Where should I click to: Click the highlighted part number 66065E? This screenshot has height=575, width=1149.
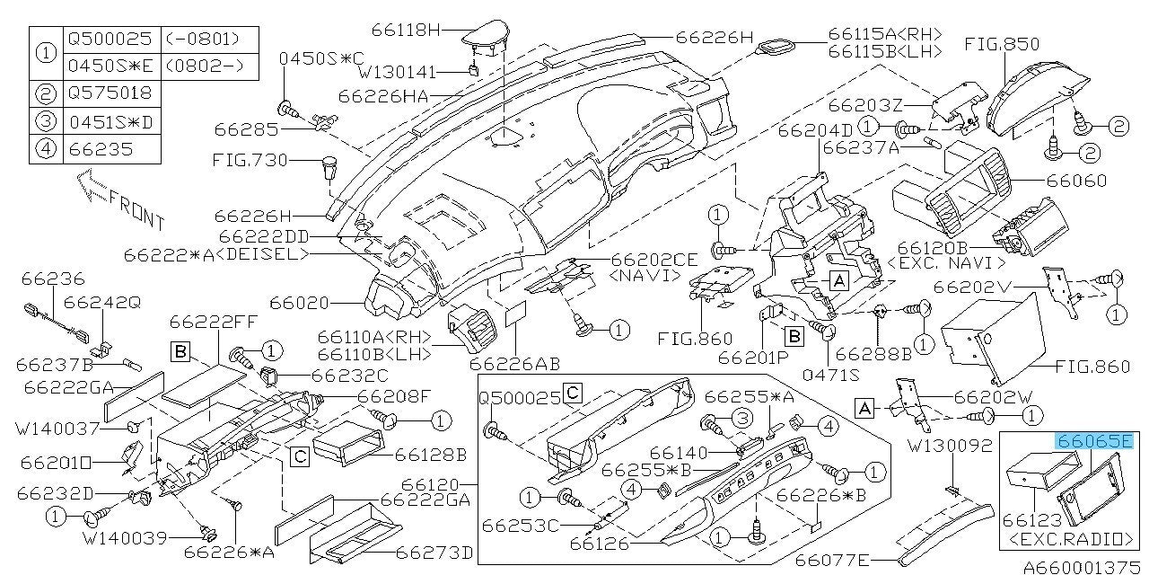tap(1094, 442)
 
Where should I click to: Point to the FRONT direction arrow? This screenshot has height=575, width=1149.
tap(121, 205)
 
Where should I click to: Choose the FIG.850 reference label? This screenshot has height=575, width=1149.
tap(1002, 43)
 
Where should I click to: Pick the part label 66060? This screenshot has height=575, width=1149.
tap(1101, 181)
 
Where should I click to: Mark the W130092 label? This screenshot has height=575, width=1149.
tap(949, 445)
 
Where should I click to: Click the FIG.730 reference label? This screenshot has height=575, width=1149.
tap(250, 161)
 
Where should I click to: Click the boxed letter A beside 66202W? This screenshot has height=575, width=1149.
tap(865, 409)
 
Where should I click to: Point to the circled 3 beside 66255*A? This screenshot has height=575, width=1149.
tap(742, 418)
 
